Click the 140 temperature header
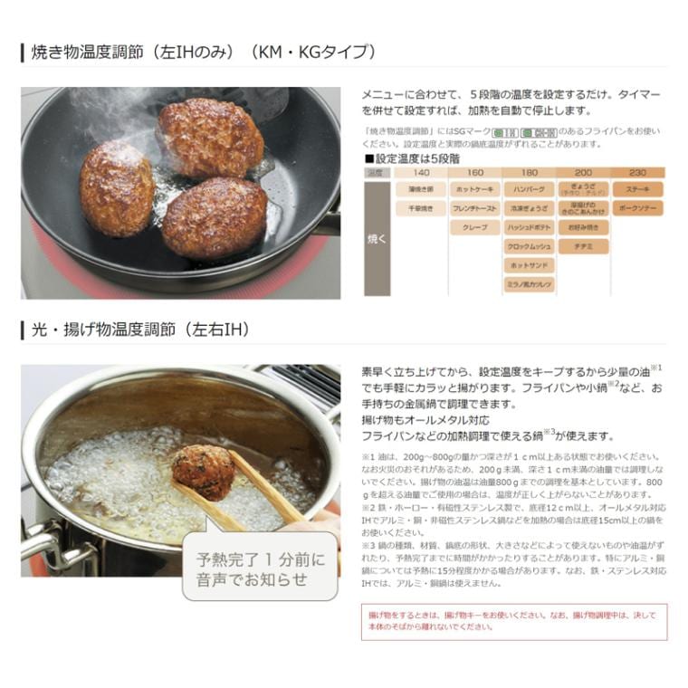point(420,172)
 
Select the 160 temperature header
point(475,172)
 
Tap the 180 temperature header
point(530,172)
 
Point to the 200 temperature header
point(583,172)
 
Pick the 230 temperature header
point(637,172)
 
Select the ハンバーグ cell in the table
point(530,190)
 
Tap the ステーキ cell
point(637,190)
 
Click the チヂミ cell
point(583,246)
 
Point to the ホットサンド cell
point(530,265)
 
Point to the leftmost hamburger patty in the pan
point(116,188)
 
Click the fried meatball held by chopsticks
point(203,472)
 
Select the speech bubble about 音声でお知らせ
point(260,569)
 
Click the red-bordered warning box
point(513,623)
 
